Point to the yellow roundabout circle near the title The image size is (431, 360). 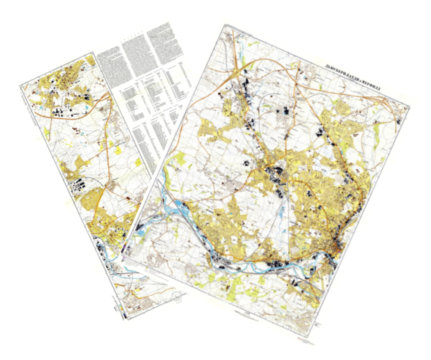click(x=376, y=103)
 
